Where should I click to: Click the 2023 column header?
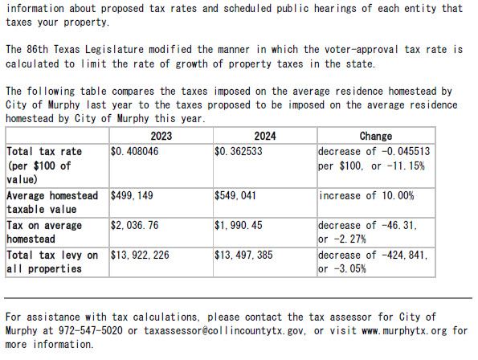[161, 136]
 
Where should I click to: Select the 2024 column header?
[265, 136]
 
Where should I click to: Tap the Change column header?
[376, 136]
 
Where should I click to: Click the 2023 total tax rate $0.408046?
[135, 151]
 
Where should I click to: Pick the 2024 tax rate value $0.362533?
[239, 151]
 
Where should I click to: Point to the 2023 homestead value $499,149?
[132, 196]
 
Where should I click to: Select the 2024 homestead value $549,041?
[236, 196]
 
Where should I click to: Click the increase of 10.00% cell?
[366, 196]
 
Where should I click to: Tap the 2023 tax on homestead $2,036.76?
[134, 226]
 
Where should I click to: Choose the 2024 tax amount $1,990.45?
[239, 226]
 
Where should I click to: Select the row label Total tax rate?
[44, 151]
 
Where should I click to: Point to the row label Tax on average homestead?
[44, 232]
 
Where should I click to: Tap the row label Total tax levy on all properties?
[52, 262]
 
